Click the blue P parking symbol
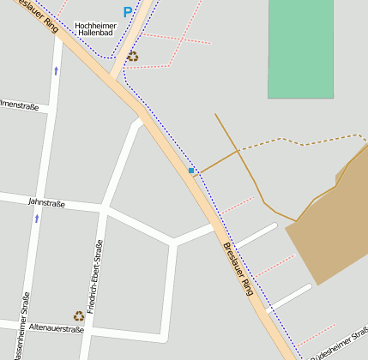128,13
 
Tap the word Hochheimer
95,27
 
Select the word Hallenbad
95,35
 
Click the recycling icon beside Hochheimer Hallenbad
132,57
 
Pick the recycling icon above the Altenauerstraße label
78,316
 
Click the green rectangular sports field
300,48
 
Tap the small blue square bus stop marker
191,171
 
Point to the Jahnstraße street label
46,203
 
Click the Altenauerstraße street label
56,328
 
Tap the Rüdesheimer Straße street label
340,343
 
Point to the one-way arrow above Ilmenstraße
57,70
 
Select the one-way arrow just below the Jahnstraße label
37,219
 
